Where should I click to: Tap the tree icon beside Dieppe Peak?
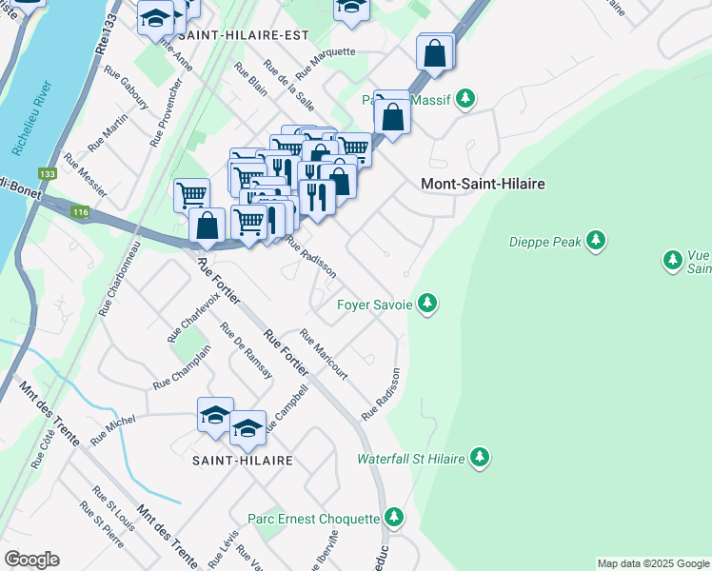tap(596, 242)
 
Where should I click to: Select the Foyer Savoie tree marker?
tap(427, 305)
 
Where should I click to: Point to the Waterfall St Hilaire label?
tap(410, 459)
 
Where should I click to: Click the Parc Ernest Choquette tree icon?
tap(394, 519)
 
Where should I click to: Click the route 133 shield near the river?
tap(47, 174)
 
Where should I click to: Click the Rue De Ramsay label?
tap(247, 351)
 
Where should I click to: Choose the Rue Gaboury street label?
tap(127, 88)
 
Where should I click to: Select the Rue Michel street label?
tap(113, 430)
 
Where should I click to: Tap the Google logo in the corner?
tap(31, 560)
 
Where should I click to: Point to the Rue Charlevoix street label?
tap(187, 317)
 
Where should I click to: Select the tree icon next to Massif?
tap(465, 99)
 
